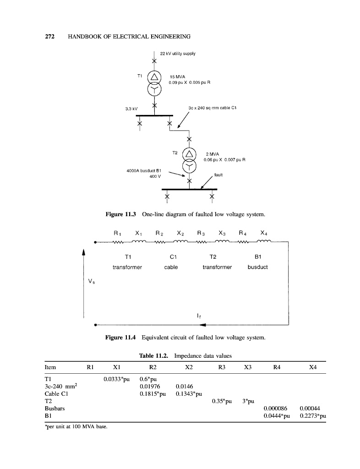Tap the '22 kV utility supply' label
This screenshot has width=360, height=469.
pos(179,54)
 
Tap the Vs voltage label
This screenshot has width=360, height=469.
pos(87,283)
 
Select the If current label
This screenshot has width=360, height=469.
pos(198,315)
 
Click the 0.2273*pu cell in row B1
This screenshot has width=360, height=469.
pos(312,416)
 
